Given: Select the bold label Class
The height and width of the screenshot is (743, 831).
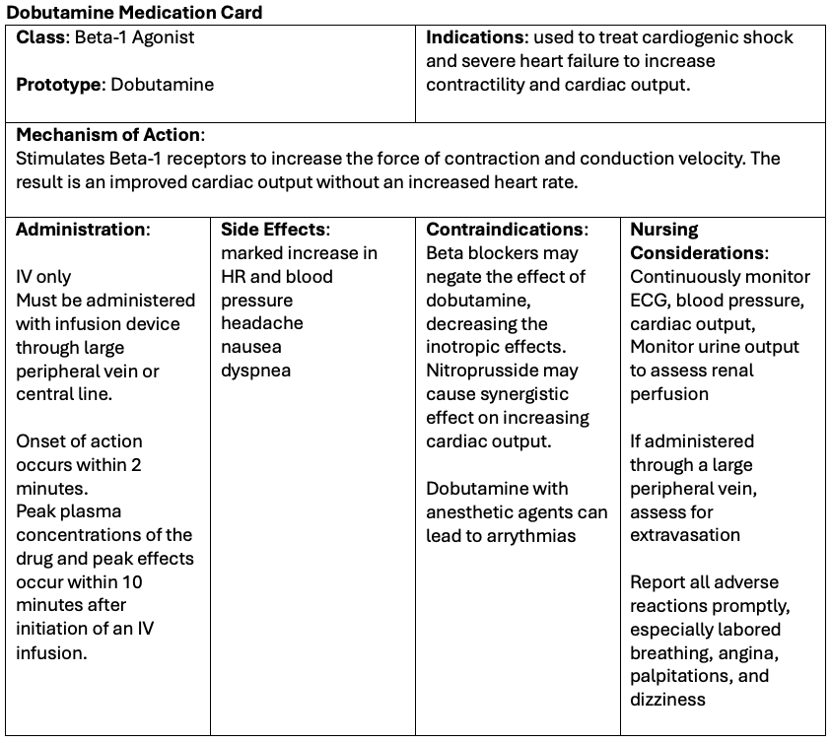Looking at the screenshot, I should coord(40,37).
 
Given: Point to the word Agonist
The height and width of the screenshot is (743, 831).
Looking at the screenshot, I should coord(162,37).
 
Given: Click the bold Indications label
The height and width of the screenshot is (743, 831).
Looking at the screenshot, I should coord(474,37).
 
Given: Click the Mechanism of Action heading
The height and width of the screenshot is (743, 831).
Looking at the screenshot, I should coord(109,135).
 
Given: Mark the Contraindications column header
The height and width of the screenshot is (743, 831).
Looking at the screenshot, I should coord(506,230).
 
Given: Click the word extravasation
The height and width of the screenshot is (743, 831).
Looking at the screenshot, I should coord(685,535).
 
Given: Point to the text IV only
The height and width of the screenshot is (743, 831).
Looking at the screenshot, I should coord(43,277).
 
